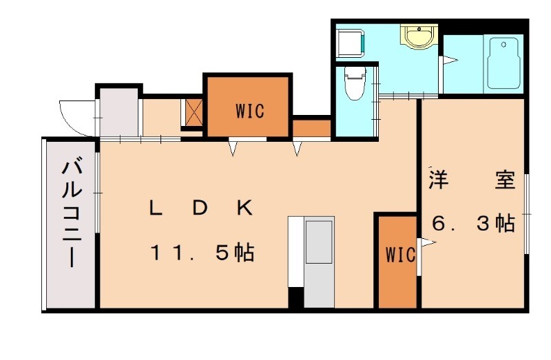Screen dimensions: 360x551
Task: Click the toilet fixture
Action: [x=353, y=86]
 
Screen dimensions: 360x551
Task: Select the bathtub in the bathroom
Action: [x=503, y=64]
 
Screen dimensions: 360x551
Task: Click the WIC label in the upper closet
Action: [x=249, y=110]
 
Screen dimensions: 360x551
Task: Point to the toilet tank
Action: [x=353, y=72]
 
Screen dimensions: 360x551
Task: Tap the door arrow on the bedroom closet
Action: [x=428, y=242]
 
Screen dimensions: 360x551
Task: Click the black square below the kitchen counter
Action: [x=295, y=297]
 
